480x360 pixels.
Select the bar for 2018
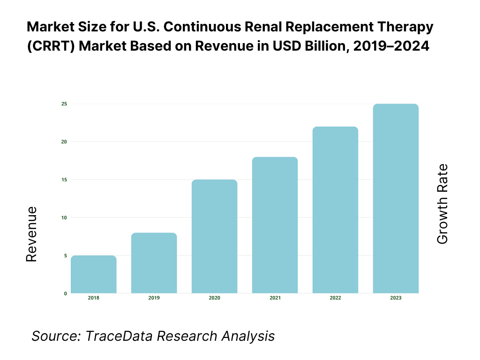[94, 275]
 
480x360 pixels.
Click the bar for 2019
[154, 263]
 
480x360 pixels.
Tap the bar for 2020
[214, 237]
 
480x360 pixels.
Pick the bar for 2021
[275, 225]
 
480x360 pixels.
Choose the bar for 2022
[335, 210]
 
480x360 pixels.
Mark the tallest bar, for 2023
[396, 199]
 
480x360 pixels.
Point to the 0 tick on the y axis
[66, 293]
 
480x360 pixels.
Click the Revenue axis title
[31, 234]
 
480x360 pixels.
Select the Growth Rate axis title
[442, 204]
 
